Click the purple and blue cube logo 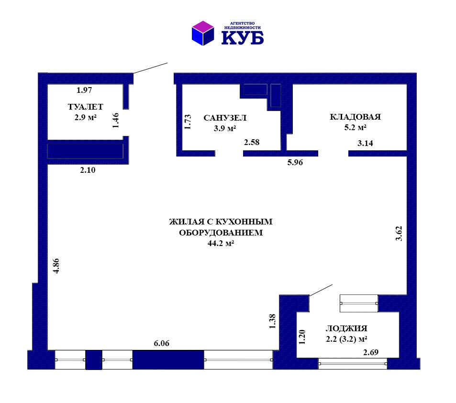[x=203, y=33]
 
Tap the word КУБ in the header [x=243, y=38]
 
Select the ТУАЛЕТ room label [x=86, y=107]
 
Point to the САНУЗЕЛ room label [x=225, y=118]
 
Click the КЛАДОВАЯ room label [x=355, y=117]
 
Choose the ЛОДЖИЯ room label [x=346, y=328]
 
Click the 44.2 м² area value [x=221, y=243]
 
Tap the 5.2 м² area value [x=355, y=127]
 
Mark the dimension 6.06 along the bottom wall [x=161, y=343]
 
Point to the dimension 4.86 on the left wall [x=56, y=266]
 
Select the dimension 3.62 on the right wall [x=399, y=234]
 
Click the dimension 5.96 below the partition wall [x=295, y=162]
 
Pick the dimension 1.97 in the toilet [x=84, y=90]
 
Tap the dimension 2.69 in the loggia [x=371, y=352]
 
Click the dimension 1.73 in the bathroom [x=188, y=122]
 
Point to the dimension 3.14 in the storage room [x=365, y=143]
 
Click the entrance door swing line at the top [x=151, y=68]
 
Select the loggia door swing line [x=321, y=291]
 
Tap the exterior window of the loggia [x=353, y=364]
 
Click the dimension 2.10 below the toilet [x=88, y=170]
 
